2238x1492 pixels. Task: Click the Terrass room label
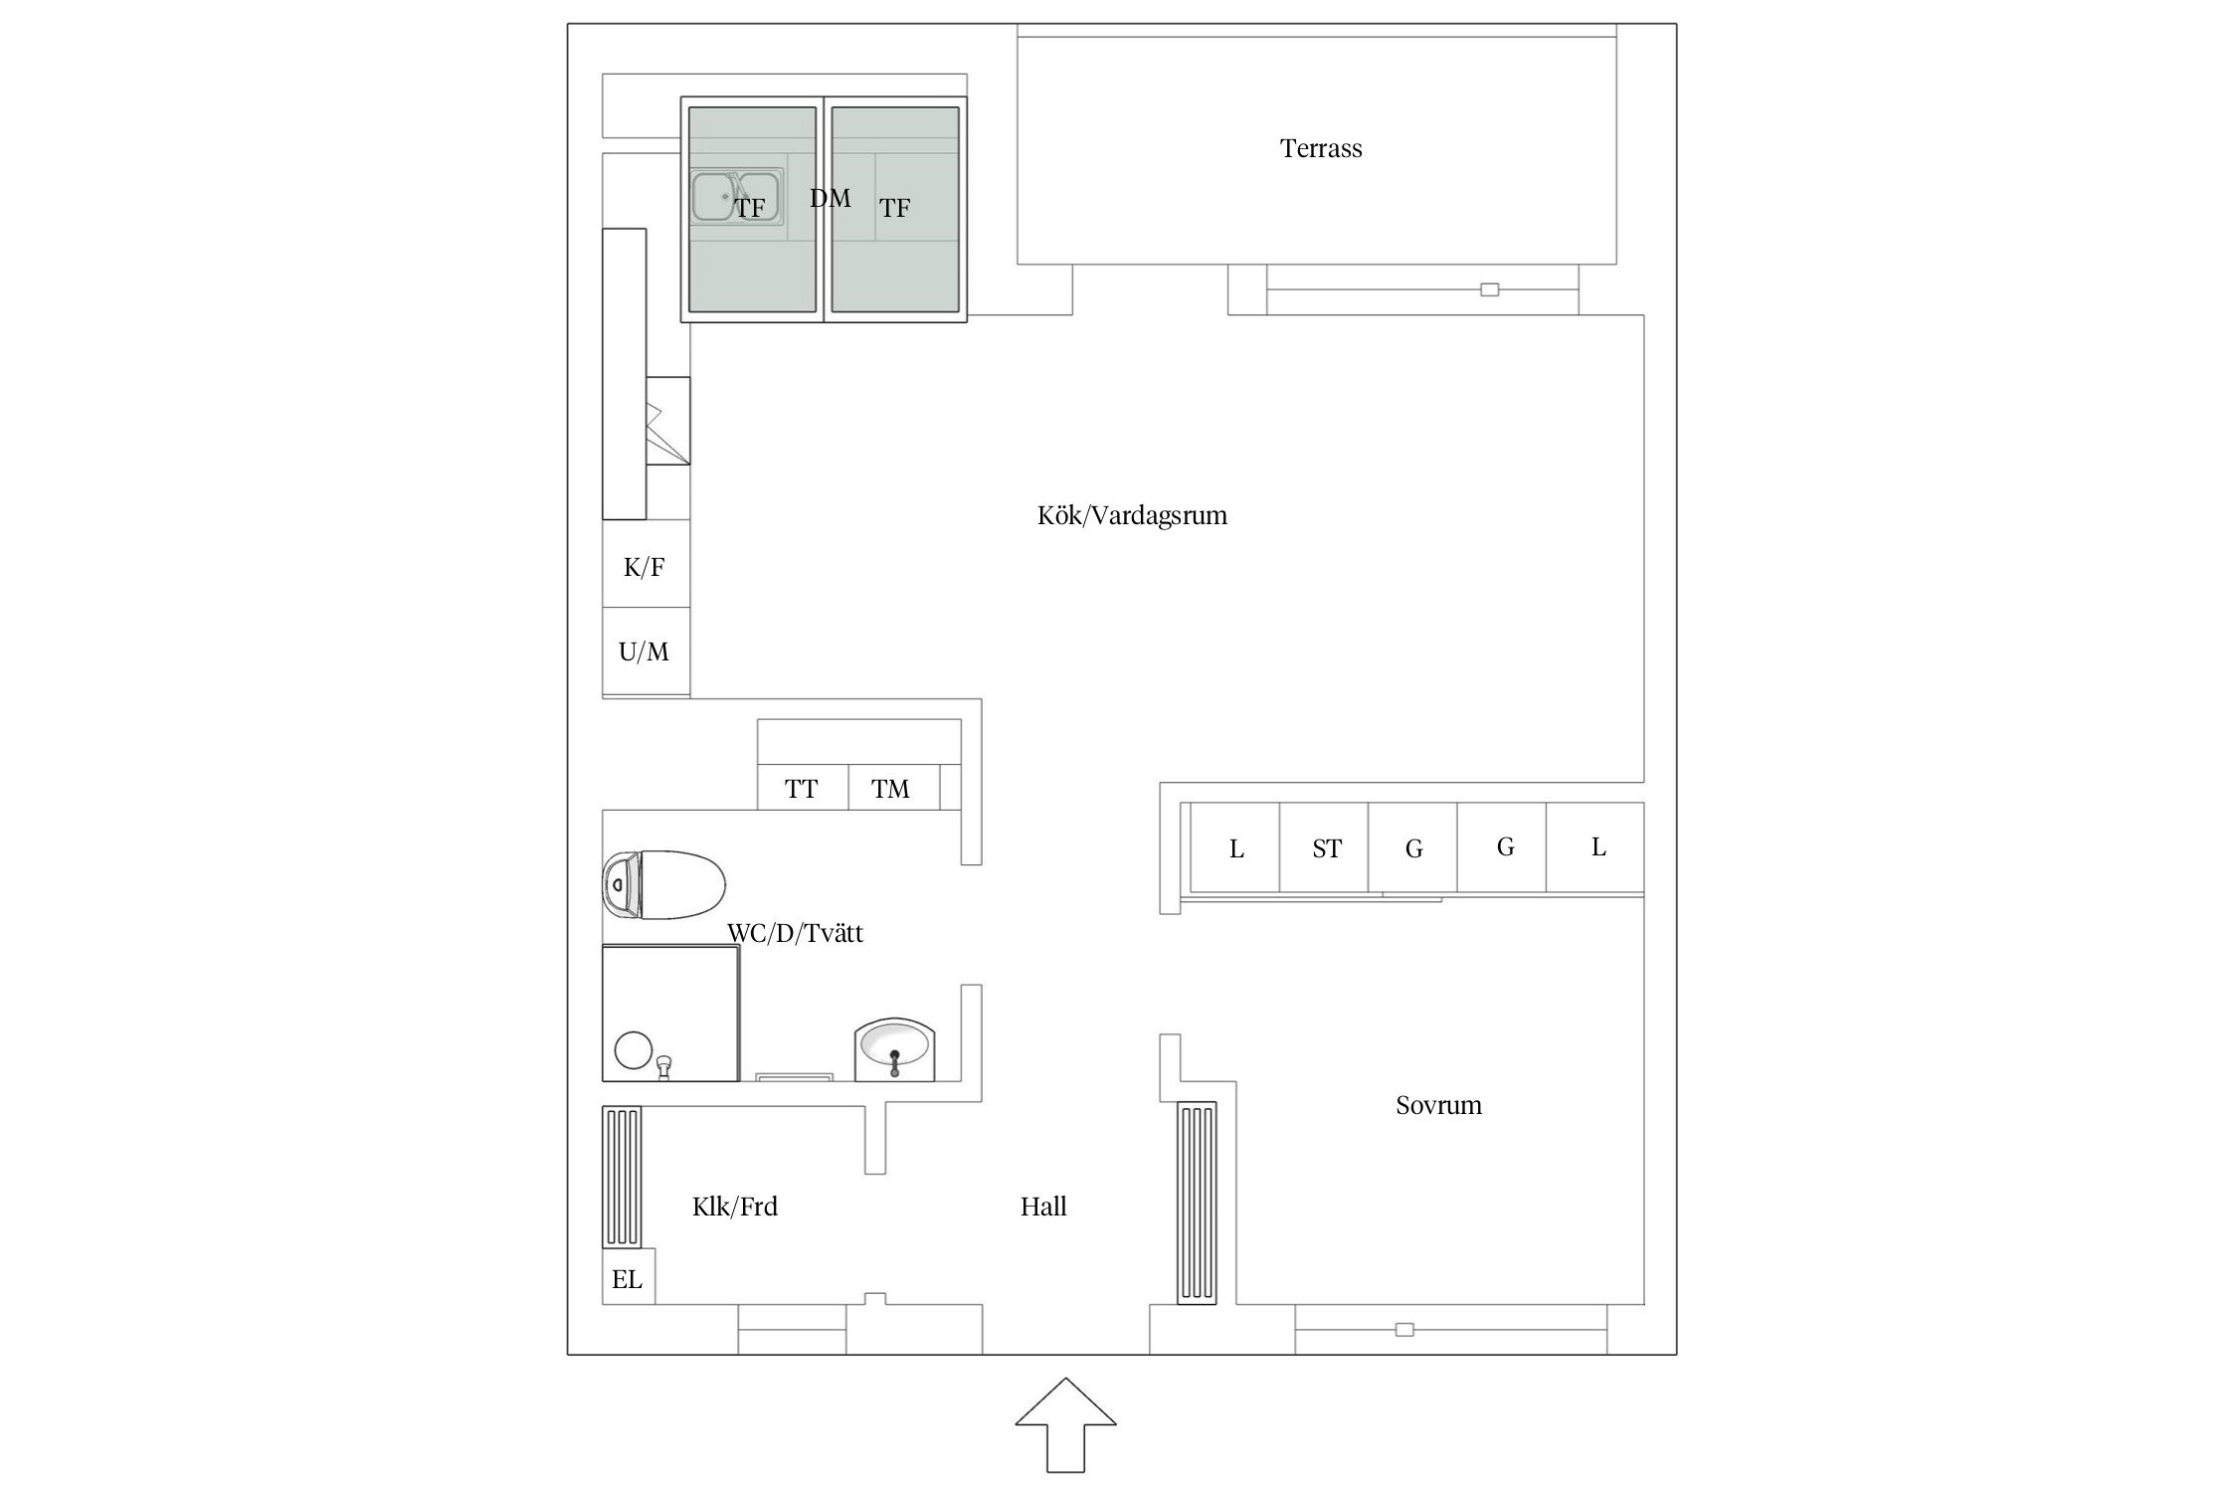click(1321, 149)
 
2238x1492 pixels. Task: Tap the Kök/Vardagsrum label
click(1132, 515)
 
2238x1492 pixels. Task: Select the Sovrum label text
click(1438, 1105)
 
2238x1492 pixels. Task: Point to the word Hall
click(1043, 1207)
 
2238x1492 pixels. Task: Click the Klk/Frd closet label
click(735, 1207)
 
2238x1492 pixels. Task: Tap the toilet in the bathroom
click(664, 884)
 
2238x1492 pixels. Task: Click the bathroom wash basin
click(894, 1048)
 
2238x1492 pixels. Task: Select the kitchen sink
click(736, 195)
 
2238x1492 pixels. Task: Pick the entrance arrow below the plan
click(1065, 1424)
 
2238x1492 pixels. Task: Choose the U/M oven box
click(646, 652)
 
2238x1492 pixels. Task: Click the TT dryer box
click(803, 788)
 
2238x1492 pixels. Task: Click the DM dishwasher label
click(831, 198)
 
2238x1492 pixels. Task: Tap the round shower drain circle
click(633, 1050)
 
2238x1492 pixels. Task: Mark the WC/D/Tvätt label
click(796, 933)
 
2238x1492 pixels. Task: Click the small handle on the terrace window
click(1489, 289)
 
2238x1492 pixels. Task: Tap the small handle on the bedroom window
click(1404, 1330)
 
